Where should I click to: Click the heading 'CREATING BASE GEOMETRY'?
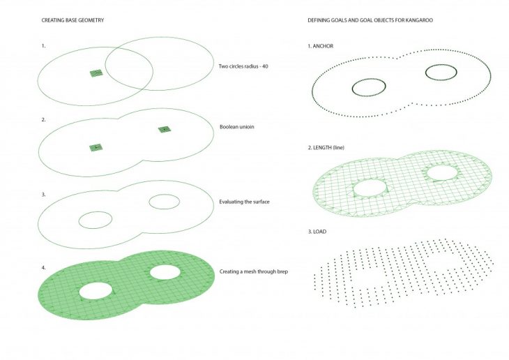tap(73, 20)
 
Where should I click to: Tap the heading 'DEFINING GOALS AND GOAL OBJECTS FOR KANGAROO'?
tap(370, 20)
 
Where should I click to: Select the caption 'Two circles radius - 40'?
tap(243, 66)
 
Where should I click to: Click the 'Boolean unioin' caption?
tap(236, 127)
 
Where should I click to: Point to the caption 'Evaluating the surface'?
tap(244, 202)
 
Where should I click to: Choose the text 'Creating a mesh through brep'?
tap(254, 271)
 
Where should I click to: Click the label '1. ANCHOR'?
tap(321, 46)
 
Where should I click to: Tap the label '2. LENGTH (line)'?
tap(326, 147)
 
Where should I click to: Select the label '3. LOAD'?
tap(317, 232)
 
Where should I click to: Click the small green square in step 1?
tap(96, 73)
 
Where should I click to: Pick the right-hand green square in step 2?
tap(165, 130)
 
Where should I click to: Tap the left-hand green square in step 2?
tap(96, 147)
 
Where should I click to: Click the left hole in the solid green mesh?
tap(96, 291)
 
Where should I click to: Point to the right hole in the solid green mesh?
tap(165, 272)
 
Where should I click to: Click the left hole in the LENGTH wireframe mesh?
tap(370, 188)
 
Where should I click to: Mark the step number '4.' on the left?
tap(43, 268)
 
